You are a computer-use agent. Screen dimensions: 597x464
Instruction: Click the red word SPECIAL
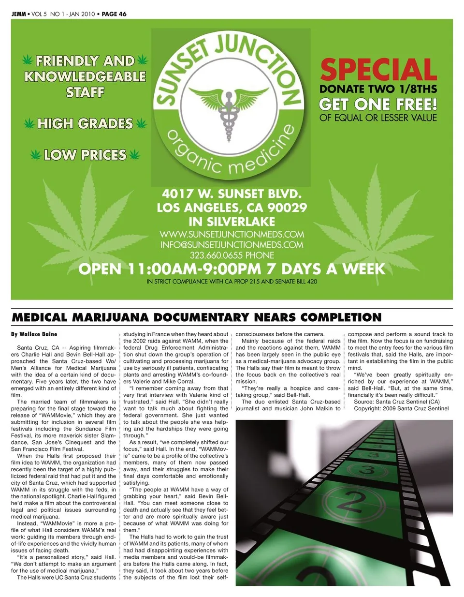coord(378,70)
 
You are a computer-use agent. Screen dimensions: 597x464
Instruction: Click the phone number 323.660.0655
coord(217,255)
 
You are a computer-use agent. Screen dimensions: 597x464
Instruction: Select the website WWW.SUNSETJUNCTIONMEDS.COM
coord(232,234)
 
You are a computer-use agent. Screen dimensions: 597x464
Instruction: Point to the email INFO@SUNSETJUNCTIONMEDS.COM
coord(232,245)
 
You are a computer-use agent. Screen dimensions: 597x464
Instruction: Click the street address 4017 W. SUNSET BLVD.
coord(232,194)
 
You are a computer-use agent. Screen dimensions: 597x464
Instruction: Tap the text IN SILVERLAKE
coord(232,222)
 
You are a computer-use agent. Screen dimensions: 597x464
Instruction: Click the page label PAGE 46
coord(114,14)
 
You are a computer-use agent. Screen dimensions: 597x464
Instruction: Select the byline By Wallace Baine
coord(34,334)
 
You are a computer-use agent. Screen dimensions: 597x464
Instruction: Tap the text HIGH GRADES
coord(85,124)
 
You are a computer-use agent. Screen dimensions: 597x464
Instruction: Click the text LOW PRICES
coord(85,155)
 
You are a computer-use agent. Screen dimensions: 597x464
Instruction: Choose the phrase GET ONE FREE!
coord(378,104)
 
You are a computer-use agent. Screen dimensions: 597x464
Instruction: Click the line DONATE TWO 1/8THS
coord(378,89)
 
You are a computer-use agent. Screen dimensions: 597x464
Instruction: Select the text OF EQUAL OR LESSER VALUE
coord(378,118)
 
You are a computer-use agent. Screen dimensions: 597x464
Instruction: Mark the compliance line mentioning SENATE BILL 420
coord(232,282)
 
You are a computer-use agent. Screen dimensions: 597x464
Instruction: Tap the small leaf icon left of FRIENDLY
coord(28,60)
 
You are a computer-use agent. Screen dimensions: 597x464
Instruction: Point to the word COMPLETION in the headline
coord(341,317)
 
